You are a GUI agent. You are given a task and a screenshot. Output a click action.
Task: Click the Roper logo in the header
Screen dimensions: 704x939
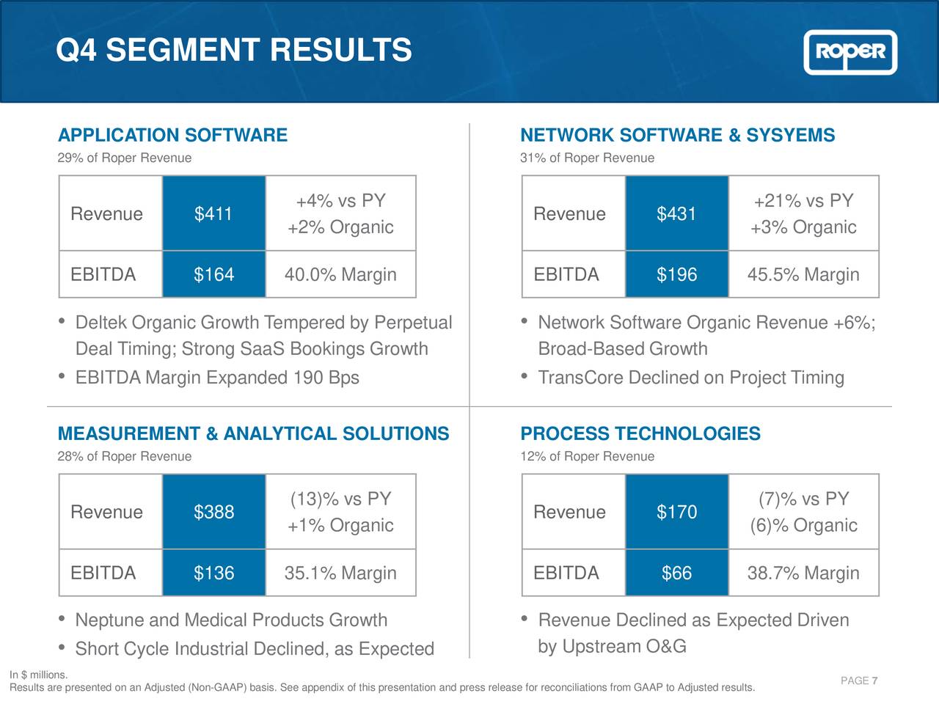[x=850, y=52]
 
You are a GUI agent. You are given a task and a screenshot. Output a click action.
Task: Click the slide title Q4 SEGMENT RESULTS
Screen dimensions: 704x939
[x=234, y=51]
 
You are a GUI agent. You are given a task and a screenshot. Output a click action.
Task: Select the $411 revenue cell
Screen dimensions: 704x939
[x=213, y=214]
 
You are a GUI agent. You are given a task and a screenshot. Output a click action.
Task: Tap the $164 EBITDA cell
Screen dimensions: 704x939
[x=213, y=274]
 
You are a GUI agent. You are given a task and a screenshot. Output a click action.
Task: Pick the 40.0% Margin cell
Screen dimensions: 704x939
[x=340, y=274]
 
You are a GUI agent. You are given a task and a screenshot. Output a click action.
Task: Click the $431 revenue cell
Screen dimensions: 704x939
[x=676, y=214]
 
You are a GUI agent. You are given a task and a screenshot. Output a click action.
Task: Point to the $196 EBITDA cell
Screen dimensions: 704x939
[x=676, y=274]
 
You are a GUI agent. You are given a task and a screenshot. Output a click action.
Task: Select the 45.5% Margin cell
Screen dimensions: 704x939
[x=803, y=274]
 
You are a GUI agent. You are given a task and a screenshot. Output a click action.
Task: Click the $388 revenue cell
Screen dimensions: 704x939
[x=213, y=512]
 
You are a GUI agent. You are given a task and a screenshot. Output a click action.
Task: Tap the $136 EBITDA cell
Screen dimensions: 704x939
[x=213, y=573]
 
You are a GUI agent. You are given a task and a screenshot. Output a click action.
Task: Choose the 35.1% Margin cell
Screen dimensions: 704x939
[x=340, y=573]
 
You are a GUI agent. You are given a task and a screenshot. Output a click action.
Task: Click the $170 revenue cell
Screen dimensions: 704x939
[x=676, y=512]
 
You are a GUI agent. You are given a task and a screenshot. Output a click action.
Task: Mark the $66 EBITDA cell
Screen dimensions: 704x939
[x=676, y=573]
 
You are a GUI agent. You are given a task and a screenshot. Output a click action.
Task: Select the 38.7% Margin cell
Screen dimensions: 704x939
[x=803, y=573]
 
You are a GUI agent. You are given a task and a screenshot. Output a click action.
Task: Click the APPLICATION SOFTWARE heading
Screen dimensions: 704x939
[x=172, y=136]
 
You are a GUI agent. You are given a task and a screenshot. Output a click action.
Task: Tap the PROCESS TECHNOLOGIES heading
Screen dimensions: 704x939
[x=640, y=433]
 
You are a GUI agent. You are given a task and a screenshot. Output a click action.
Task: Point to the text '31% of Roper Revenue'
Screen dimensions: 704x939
[x=587, y=158]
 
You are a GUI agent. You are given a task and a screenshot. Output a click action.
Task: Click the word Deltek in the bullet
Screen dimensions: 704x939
[x=101, y=323]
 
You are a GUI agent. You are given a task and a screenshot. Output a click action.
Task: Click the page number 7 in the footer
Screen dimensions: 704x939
[x=874, y=681]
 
